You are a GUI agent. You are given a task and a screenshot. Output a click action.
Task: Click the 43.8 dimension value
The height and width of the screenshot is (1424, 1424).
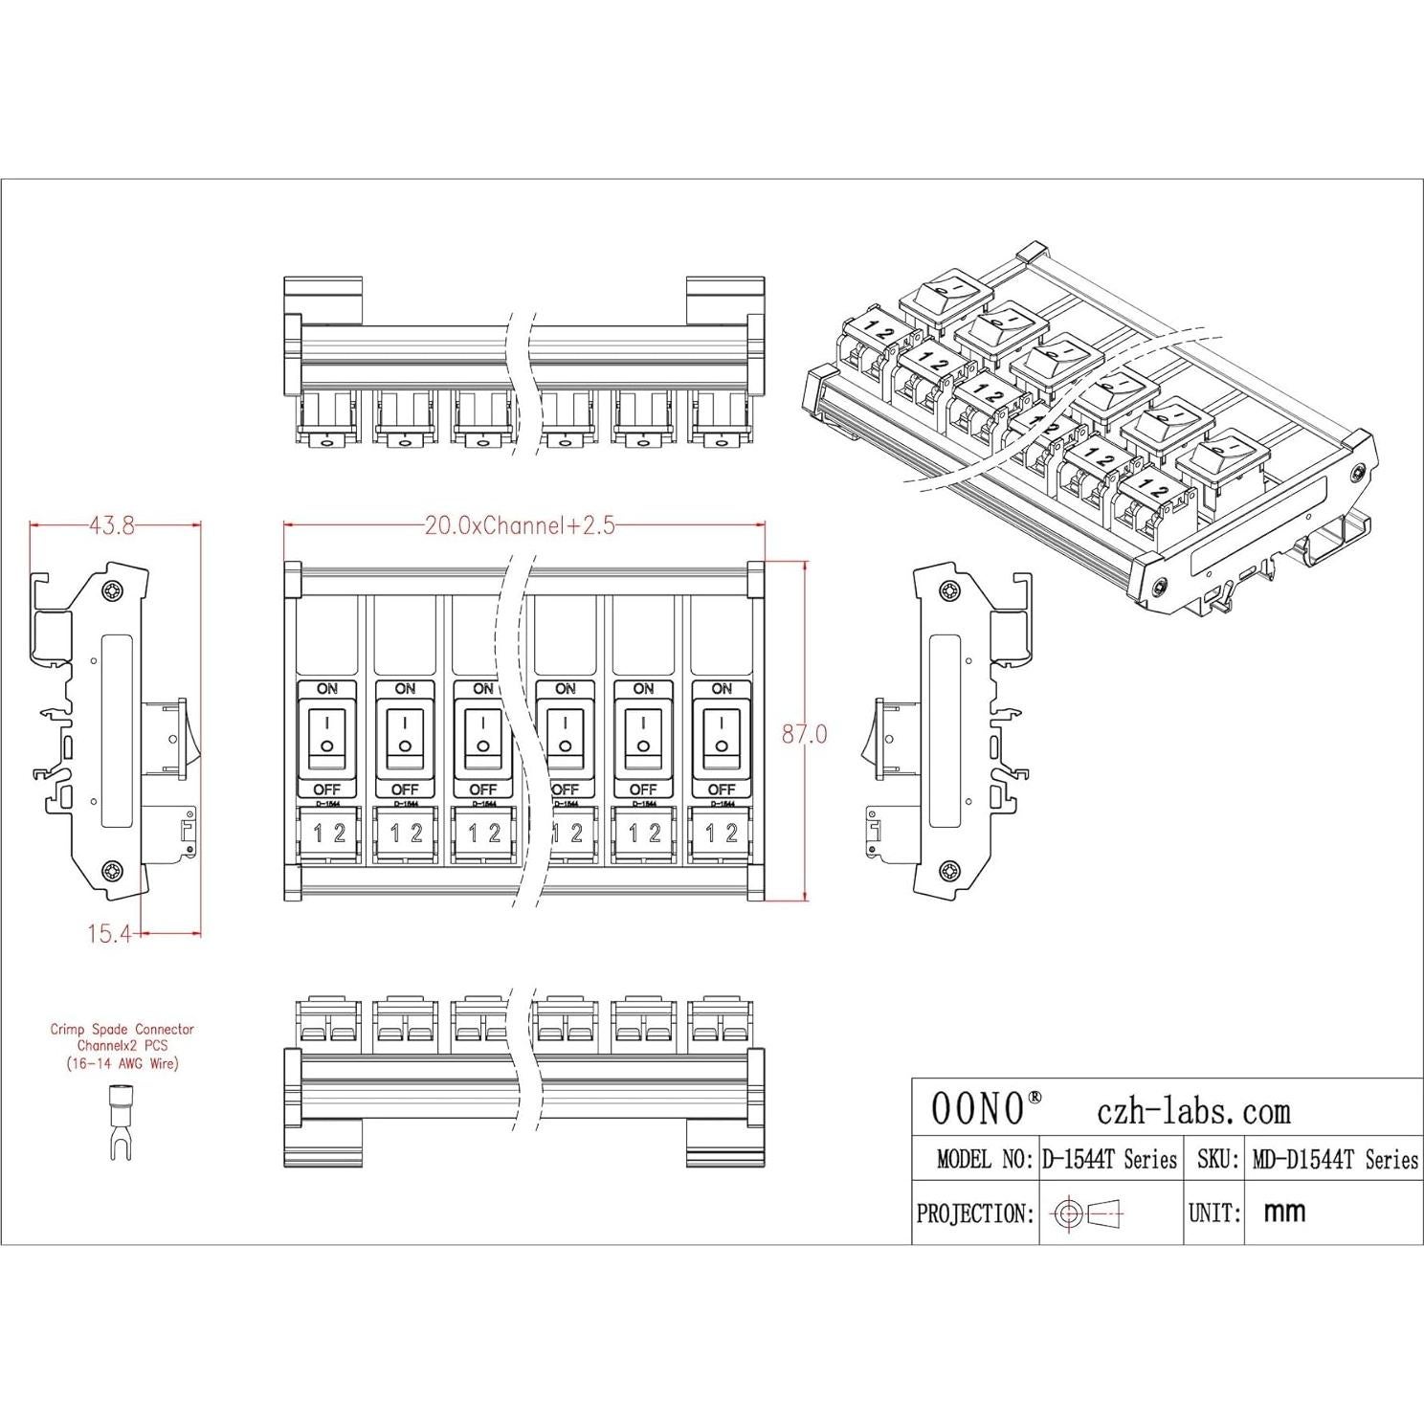tap(112, 525)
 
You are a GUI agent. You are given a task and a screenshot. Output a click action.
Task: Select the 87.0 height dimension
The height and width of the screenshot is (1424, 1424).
tap(804, 735)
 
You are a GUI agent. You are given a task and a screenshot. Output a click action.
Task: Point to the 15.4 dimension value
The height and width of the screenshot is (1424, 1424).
tap(108, 934)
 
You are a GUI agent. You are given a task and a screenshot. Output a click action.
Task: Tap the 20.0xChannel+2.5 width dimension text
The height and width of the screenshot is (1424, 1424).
tap(520, 525)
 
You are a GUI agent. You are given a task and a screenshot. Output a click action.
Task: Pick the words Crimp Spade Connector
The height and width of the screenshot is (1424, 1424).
tap(122, 1030)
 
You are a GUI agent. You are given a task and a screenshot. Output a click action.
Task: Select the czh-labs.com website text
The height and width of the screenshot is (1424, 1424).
tap(1192, 1111)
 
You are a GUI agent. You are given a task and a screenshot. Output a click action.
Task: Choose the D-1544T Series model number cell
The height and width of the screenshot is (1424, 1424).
tap(1109, 1160)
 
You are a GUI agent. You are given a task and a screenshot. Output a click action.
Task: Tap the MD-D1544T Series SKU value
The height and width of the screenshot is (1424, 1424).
tap(1335, 1160)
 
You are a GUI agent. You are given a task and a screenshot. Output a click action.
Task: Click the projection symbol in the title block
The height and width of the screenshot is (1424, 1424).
tap(1088, 1214)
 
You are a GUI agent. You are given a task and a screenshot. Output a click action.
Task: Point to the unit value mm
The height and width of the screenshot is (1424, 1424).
tap(1284, 1213)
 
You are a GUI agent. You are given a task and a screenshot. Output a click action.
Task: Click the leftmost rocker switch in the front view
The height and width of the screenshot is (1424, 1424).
tap(326, 735)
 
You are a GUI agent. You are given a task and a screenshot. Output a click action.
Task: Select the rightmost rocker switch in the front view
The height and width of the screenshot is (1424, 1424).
tap(721, 735)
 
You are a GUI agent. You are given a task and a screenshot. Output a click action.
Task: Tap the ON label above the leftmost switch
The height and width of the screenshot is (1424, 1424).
tap(326, 688)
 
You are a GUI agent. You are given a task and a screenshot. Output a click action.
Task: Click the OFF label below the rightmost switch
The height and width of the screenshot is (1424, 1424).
tap(721, 790)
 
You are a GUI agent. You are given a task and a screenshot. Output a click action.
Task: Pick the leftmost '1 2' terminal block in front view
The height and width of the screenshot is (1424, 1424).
tap(327, 834)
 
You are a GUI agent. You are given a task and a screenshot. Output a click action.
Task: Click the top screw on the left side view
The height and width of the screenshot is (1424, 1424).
tap(114, 590)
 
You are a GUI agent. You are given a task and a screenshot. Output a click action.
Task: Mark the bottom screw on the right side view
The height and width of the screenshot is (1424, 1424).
tap(950, 870)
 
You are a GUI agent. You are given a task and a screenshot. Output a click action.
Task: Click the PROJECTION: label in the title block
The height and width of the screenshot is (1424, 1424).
tap(975, 1214)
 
